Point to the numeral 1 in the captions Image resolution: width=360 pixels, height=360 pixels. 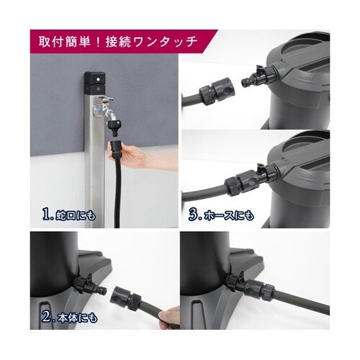click(46, 214)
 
